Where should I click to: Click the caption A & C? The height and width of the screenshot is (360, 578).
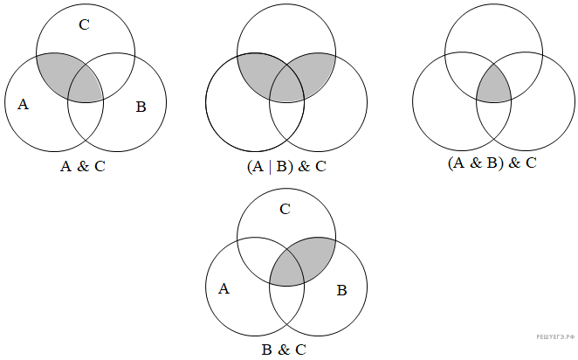click(82, 167)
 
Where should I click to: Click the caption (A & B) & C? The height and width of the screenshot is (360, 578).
click(491, 163)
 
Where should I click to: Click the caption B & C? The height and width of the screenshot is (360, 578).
click(283, 350)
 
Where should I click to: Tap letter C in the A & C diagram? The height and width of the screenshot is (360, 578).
click(84, 24)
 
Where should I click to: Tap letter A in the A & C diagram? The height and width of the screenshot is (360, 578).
click(24, 105)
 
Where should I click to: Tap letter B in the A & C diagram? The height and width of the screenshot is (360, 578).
click(140, 107)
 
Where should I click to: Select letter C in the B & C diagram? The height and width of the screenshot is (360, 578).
click(285, 210)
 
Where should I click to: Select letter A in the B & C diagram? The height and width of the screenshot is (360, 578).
click(224, 288)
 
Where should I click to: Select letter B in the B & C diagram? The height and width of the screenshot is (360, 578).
click(341, 289)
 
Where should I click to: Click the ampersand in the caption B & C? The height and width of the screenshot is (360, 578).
click(283, 350)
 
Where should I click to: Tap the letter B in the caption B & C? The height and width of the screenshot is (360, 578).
click(266, 350)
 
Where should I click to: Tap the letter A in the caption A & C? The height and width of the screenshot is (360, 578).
click(65, 167)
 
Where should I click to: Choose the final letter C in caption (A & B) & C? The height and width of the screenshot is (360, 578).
click(530, 163)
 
